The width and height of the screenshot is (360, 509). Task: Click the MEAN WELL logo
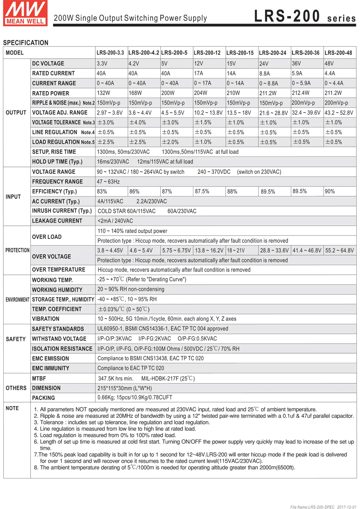click(25, 13)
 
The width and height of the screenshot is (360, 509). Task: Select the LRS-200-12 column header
click(207, 53)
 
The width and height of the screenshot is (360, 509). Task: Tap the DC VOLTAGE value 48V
click(329, 63)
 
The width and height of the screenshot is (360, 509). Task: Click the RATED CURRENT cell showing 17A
click(199, 73)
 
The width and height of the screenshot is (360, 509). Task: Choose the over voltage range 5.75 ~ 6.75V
click(176, 251)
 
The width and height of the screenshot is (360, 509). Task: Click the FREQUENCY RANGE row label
click(57, 181)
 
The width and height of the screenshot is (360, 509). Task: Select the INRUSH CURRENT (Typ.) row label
click(62, 211)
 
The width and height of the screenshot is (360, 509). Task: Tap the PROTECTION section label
click(17, 250)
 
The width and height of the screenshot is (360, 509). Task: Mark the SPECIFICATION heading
click(25, 43)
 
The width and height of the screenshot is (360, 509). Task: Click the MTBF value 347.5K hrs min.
click(116, 378)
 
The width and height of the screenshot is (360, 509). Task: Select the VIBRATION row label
click(45, 319)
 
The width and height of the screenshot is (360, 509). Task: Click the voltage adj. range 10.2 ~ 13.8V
click(208, 113)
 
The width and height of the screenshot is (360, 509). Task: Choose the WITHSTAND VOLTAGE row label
click(59, 338)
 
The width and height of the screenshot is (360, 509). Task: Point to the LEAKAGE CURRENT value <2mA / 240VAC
click(115, 221)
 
